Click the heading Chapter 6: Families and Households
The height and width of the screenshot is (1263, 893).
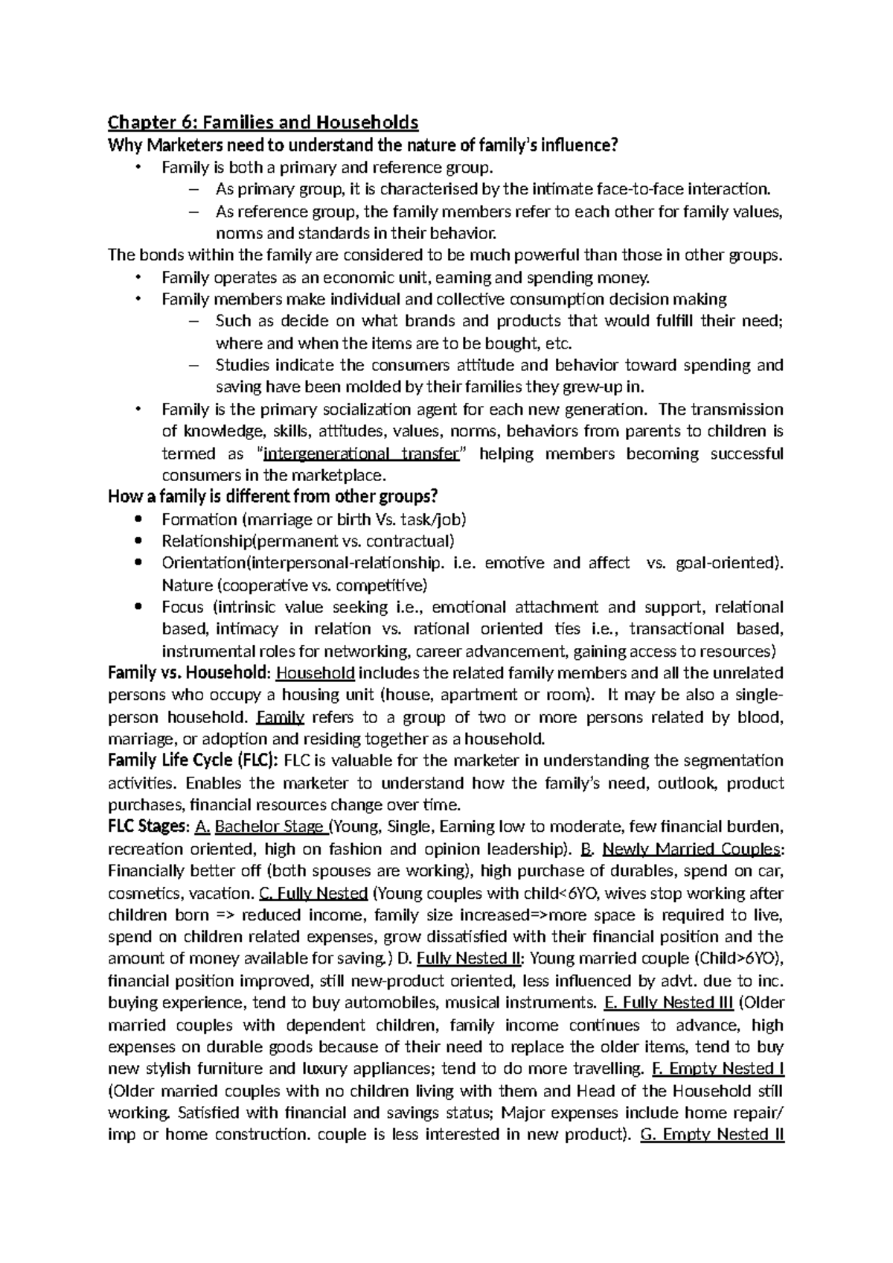pyautogui.click(x=263, y=122)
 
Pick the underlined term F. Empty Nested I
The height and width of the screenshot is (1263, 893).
pyautogui.click(x=717, y=1069)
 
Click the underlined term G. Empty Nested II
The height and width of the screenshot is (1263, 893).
pyautogui.click(x=712, y=1135)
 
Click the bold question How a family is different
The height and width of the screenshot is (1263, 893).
pyautogui.click(x=273, y=497)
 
